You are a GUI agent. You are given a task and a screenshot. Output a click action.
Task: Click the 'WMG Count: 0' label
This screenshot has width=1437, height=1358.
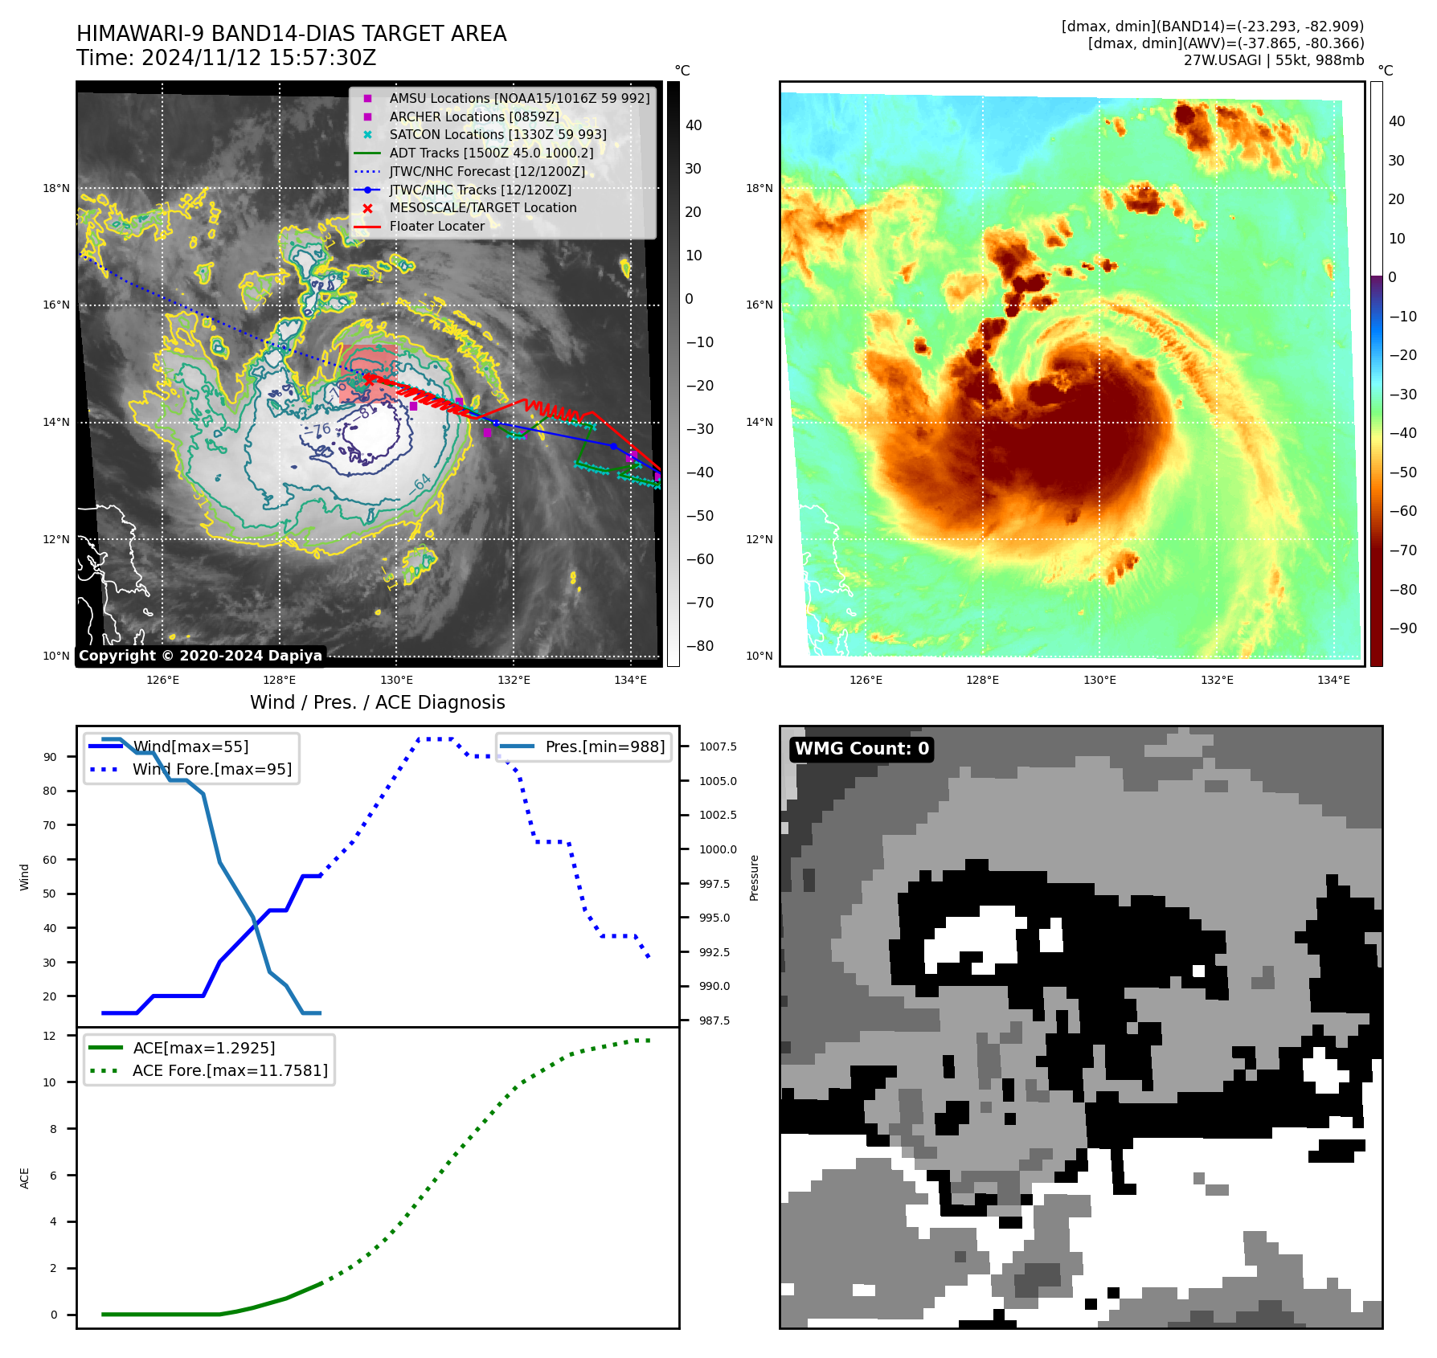click(862, 749)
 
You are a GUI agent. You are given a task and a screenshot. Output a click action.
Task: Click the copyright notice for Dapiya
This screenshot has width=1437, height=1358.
click(200, 656)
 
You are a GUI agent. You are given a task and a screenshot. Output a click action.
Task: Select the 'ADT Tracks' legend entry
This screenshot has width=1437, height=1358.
click(491, 153)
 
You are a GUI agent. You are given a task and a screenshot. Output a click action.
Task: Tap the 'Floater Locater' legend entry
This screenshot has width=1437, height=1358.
click(436, 227)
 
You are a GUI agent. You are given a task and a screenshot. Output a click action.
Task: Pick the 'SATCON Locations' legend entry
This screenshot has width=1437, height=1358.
click(497, 134)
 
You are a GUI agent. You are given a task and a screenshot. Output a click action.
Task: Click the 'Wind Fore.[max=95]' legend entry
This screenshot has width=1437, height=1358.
click(212, 769)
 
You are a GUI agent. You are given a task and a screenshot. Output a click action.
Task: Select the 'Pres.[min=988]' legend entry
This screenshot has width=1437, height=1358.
click(604, 746)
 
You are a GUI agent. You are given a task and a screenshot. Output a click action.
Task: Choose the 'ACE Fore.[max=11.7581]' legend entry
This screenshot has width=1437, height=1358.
click(230, 1070)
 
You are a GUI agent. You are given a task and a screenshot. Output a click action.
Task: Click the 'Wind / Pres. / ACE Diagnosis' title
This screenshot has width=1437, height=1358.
click(378, 702)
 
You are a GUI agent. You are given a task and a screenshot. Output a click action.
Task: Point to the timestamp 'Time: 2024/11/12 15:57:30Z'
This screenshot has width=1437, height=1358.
click(227, 58)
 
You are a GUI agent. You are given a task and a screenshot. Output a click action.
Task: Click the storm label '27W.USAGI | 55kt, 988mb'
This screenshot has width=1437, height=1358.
click(1273, 60)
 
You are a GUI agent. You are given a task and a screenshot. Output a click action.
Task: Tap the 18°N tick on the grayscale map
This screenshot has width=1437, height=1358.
click(56, 189)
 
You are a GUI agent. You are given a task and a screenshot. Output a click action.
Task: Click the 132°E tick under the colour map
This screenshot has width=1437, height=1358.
click(1217, 680)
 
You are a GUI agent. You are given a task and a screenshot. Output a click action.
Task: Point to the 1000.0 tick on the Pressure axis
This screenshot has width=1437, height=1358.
click(718, 849)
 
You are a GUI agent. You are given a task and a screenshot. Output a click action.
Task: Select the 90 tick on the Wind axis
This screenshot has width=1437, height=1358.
click(51, 757)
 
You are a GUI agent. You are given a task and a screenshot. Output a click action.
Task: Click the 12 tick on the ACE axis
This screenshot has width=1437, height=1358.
click(50, 1036)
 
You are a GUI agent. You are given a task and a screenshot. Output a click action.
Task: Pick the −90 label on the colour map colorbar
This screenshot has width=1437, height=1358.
click(1402, 628)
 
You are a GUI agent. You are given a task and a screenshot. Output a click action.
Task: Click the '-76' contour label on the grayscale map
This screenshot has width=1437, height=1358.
click(317, 430)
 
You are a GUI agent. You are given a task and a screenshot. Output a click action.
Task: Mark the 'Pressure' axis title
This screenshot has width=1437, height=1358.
click(754, 877)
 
